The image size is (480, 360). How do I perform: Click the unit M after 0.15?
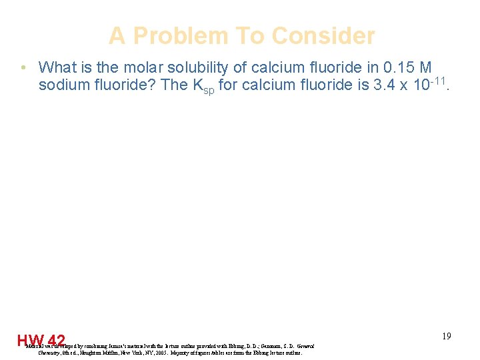tap(425, 67)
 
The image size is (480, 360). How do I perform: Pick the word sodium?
tap(63, 85)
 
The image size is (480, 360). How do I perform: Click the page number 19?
tap(446, 336)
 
